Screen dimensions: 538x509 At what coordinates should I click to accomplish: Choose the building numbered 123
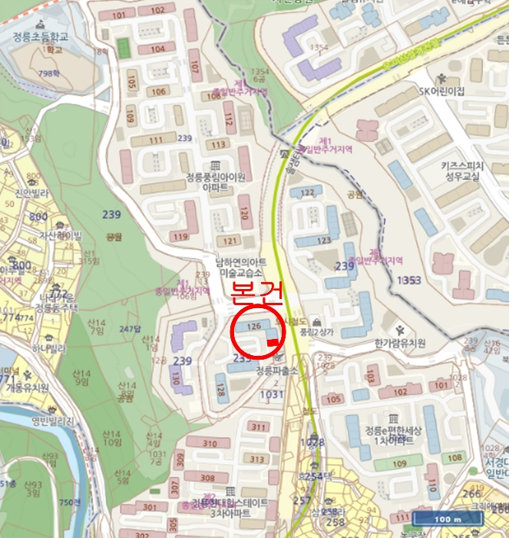pos(322,240)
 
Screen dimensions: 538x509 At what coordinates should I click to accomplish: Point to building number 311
pos(257,427)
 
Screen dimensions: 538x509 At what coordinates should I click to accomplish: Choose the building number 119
pos(181,236)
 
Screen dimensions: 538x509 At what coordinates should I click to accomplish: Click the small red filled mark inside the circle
pos(273,342)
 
